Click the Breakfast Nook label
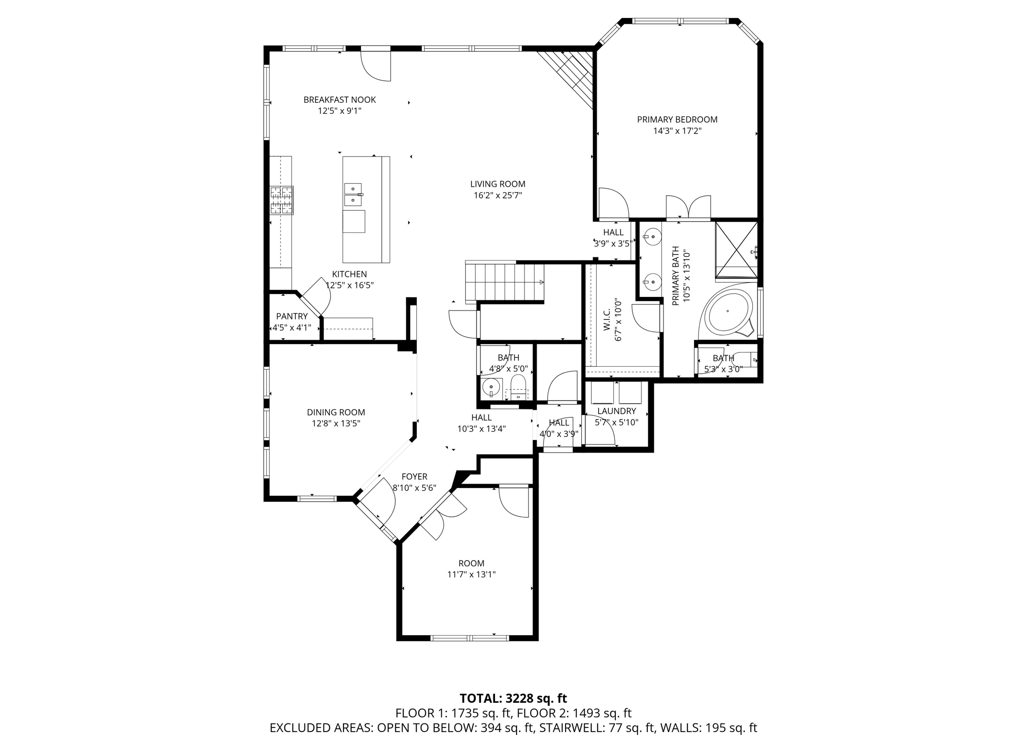coord(339,100)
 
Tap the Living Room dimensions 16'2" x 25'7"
coord(498,196)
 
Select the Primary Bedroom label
coord(677,119)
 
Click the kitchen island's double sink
coord(353,195)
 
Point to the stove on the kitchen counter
coord(282,200)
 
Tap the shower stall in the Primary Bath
coord(736,249)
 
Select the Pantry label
coord(292,316)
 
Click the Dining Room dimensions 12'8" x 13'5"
coord(336,423)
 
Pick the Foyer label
coord(414,477)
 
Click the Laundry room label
coord(616,411)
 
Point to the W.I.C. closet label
coord(607,320)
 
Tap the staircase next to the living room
coord(504,281)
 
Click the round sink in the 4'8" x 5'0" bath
coord(491,388)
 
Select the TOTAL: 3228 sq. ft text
coord(513,698)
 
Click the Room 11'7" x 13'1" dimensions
coord(471,574)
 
